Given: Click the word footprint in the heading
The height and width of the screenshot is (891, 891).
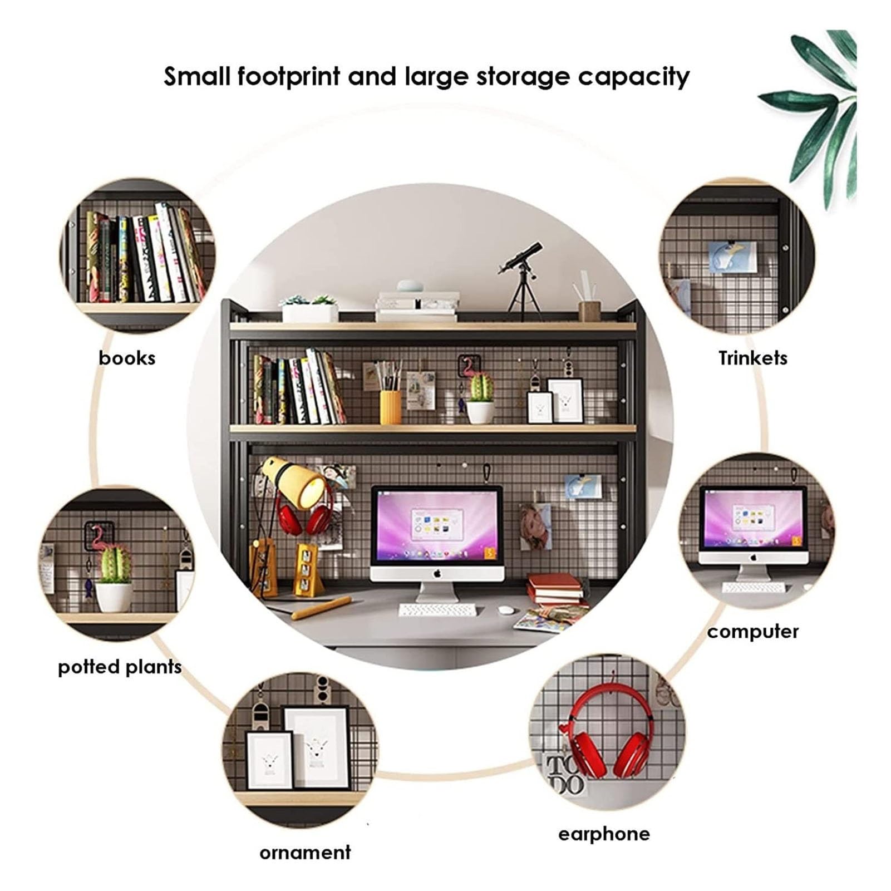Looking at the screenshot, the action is (288, 77).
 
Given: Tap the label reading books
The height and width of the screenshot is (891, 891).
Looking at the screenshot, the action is (127, 358).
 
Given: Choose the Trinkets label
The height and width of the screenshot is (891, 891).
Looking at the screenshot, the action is (752, 358).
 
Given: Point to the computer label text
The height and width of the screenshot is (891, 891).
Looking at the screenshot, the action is (753, 631).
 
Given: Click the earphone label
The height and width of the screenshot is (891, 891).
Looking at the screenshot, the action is (604, 834).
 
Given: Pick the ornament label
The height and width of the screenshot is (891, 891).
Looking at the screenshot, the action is (305, 852).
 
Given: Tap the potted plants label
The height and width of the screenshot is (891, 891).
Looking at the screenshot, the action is (120, 667).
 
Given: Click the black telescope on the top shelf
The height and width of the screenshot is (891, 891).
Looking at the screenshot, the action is (520, 278).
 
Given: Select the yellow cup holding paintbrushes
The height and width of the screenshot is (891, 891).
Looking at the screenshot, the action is (390, 407).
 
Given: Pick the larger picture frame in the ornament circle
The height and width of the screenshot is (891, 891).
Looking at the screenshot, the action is (317, 747).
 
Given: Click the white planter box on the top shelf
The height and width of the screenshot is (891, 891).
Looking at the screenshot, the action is (309, 313).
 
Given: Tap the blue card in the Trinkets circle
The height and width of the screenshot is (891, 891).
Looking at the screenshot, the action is (732, 258).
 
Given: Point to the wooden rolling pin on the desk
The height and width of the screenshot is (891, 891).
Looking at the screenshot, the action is (322, 608).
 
